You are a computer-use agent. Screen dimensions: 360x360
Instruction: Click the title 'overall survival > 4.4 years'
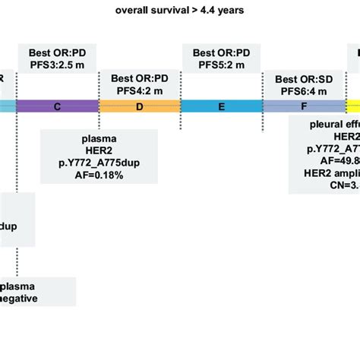point(180,11)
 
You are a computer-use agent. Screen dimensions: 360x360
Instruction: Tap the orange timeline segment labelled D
point(139,106)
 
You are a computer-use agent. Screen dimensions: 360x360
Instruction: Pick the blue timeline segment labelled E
point(221,106)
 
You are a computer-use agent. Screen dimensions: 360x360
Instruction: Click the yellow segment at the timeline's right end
point(354,106)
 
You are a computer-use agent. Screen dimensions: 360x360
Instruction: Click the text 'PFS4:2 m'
point(139,91)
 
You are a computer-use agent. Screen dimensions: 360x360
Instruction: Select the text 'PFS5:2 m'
point(221,65)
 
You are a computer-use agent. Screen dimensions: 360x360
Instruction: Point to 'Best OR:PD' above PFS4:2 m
point(139,78)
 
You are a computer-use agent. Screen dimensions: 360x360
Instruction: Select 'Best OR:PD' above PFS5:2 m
point(221,52)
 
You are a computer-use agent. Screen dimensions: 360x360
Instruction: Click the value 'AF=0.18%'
point(99,175)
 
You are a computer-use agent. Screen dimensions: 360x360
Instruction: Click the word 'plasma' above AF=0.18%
point(99,140)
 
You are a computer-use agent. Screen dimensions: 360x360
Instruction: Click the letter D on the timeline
point(139,106)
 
